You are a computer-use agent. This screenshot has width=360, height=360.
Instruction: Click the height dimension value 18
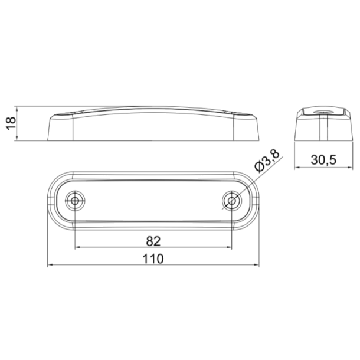(10, 124)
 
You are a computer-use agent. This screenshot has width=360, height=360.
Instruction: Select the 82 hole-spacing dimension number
(153, 240)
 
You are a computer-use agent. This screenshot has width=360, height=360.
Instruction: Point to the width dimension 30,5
(321, 159)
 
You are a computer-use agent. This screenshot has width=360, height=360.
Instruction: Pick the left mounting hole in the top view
(74, 201)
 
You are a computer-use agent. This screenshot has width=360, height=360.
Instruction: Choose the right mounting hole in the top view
(231, 201)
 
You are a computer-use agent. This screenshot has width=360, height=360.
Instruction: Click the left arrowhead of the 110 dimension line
(48, 265)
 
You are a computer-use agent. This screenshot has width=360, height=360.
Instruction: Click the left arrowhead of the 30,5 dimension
(297, 166)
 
